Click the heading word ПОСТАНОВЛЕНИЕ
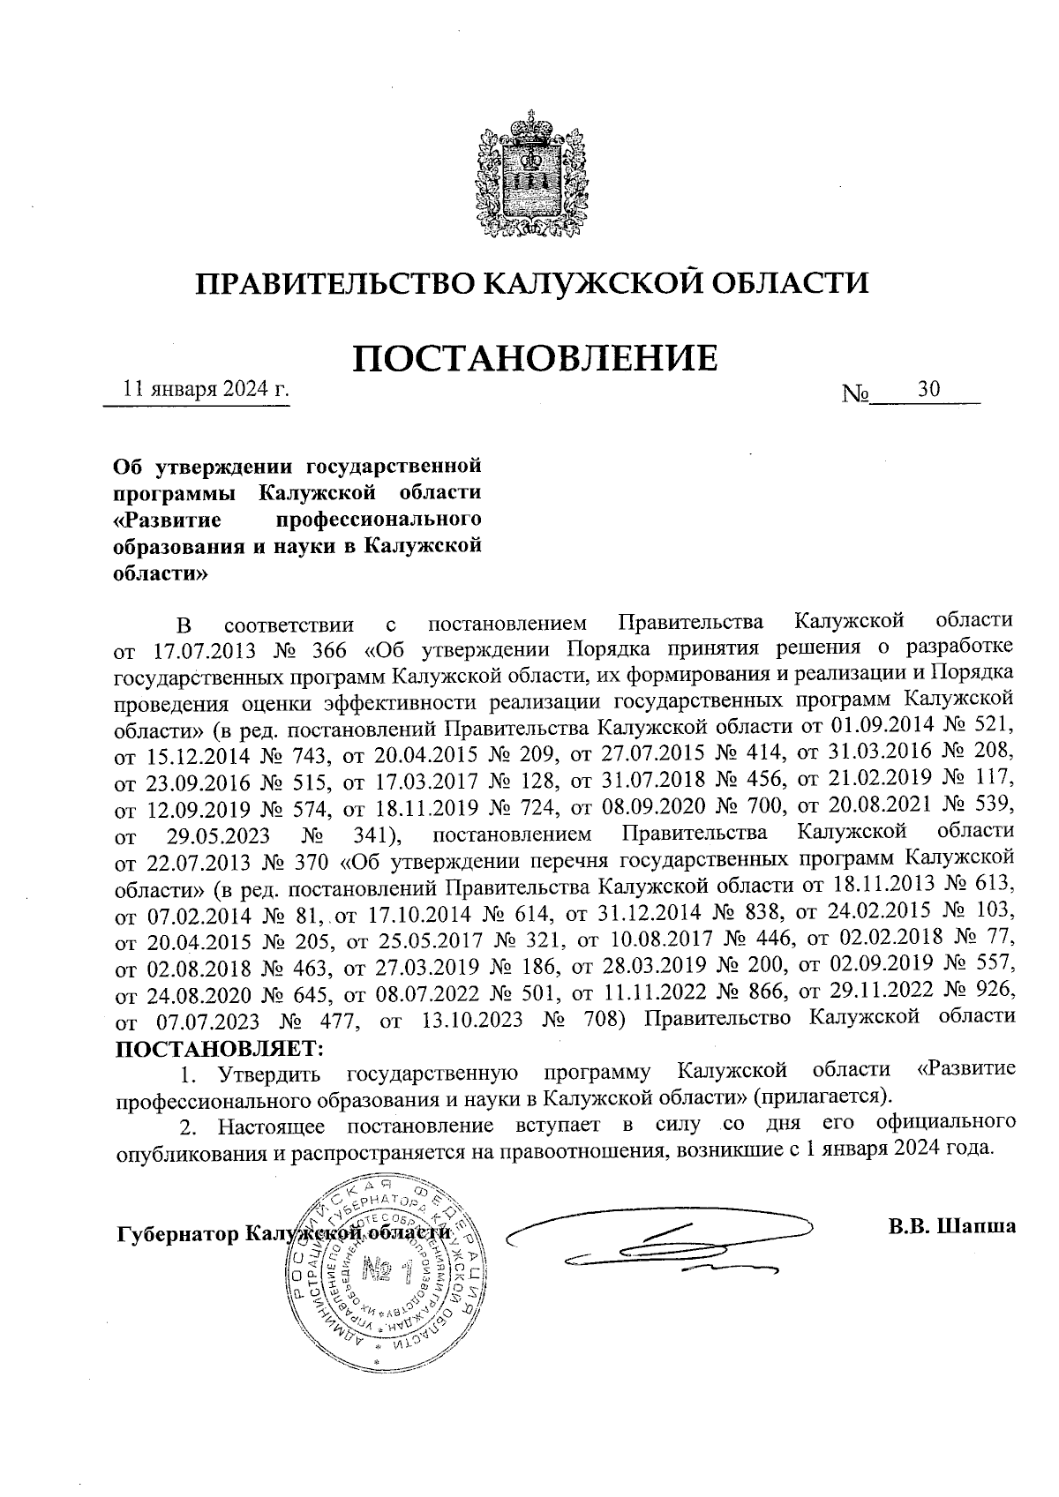(x=535, y=357)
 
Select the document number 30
(x=928, y=389)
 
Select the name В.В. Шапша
(x=951, y=1226)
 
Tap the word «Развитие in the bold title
(x=167, y=515)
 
